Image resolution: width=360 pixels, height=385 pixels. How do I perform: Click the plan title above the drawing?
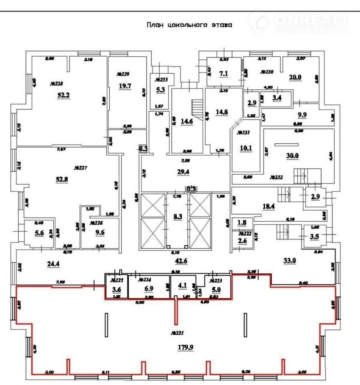click(189, 25)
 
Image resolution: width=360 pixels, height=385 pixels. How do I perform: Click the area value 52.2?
click(63, 96)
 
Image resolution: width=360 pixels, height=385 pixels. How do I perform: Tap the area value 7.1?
click(223, 74)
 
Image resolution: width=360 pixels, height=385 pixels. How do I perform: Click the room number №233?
click(161, 80)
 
